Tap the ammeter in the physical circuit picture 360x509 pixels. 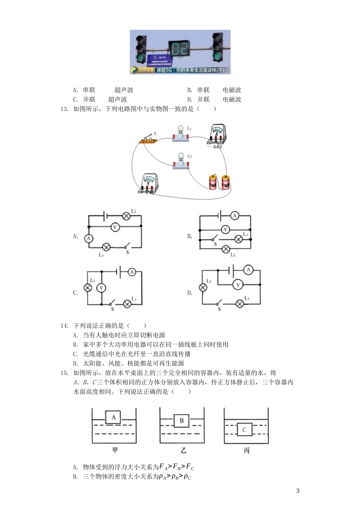coord(216,134)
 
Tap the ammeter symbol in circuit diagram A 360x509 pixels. coord(89,239)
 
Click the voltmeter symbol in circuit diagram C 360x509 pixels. coord(101,288)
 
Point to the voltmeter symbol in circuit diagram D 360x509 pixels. coord(238,285)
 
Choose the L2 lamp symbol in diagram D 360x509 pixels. coord(203,287)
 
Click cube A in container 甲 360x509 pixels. coord(113,418)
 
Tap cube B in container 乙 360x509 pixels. coord(182,421)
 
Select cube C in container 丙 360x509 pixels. coord(244,429)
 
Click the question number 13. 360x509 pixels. coord(64,109)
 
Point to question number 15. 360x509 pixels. coord(64,373)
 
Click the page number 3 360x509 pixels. coord(298,491)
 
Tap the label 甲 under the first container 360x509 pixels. coord(114,450)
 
